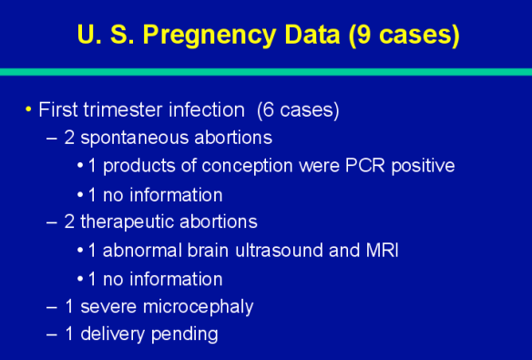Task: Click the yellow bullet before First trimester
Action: [28, 110]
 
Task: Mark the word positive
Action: [418, 166]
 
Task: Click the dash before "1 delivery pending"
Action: [51, 334]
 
